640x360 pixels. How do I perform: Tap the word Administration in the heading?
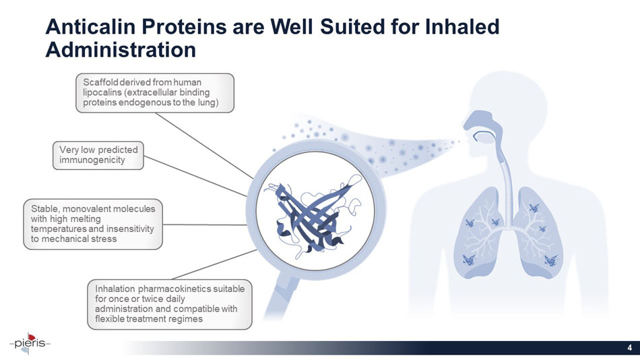pos(120,49)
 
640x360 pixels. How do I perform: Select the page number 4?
pos(629,348)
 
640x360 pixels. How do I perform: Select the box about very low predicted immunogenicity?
pos(98,155)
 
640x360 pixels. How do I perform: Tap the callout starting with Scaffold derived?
pos(154,92)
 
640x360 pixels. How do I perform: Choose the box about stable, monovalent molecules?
pos(93,224)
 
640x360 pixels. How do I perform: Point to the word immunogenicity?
pos(92,160)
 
